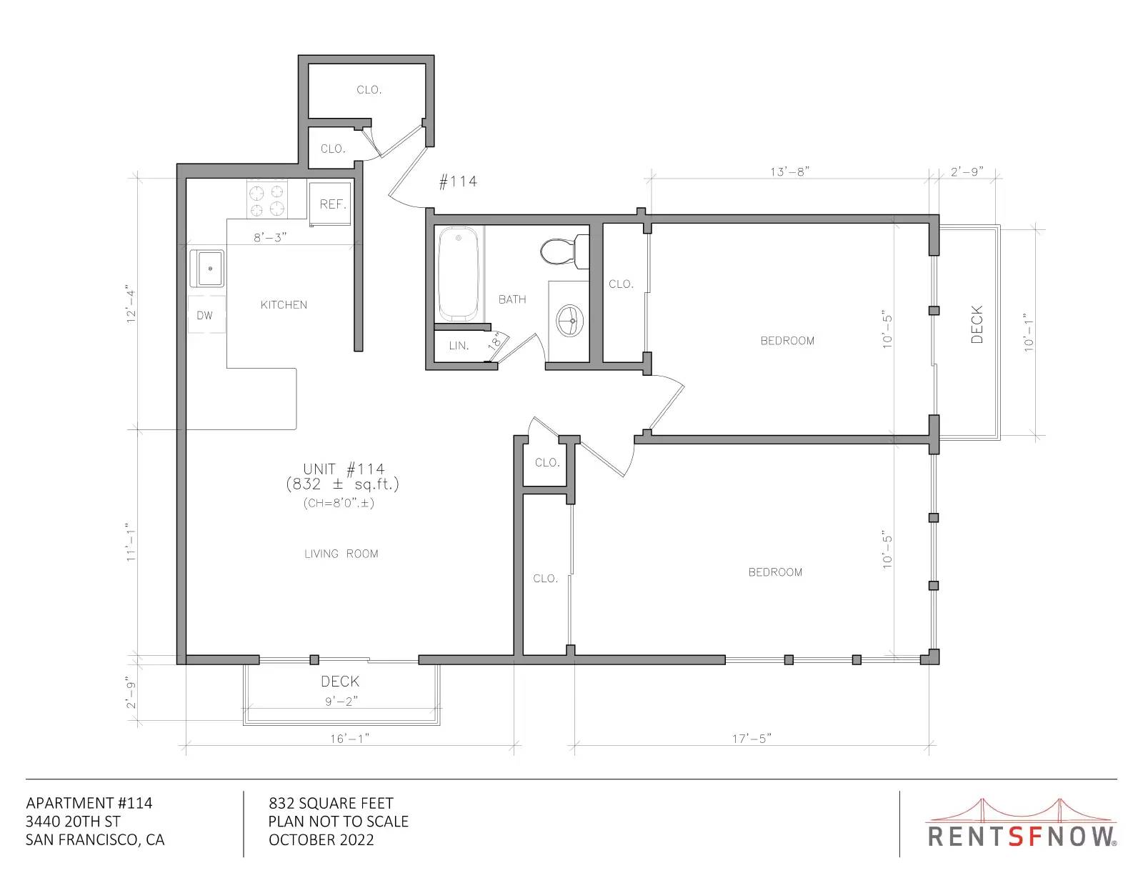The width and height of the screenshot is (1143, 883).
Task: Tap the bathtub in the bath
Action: pos(459,274)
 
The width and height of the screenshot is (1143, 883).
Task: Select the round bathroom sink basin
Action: pos(569,320)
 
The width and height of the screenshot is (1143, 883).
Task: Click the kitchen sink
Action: pos(207,268)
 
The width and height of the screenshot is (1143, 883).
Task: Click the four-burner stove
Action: pos(267,199)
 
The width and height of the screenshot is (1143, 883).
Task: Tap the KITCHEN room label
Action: pos(284,305)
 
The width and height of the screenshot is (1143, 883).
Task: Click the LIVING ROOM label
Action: pos(341,554)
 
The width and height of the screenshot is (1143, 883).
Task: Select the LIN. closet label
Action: pos(459,346)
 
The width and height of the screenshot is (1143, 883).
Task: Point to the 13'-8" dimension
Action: pos(789,172)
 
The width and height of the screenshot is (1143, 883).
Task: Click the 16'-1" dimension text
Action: pos(350,739)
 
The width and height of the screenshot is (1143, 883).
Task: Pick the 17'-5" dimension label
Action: pos(752,739)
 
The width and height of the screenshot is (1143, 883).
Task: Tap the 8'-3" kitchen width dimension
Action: pos(270,238)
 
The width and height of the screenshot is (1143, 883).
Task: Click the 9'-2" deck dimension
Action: pos(342,702)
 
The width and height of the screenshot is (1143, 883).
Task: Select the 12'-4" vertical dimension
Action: pos(131,304)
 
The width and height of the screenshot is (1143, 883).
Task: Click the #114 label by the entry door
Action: pos(458,182)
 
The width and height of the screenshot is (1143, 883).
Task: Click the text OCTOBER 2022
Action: pos(321,840)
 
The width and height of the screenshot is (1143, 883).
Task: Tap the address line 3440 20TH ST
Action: pos(73,822)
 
